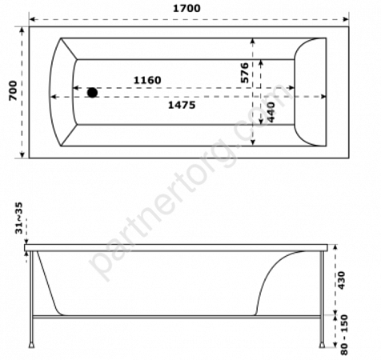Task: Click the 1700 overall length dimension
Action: click(x=186, y=8)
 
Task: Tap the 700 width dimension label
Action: click(x=13, y=90)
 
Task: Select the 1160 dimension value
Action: click(x=147, y=80)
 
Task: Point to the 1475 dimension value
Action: click(x=182, y=105)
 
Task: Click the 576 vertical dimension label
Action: click(x=244, y=73)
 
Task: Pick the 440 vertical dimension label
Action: click(x=271, y=112)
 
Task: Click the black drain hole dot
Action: click(x=92, y=93)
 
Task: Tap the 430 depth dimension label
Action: click(x=342, y=281)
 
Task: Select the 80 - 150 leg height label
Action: click(x=344, y=335)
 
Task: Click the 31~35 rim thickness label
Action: click(x=19, y=218)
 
